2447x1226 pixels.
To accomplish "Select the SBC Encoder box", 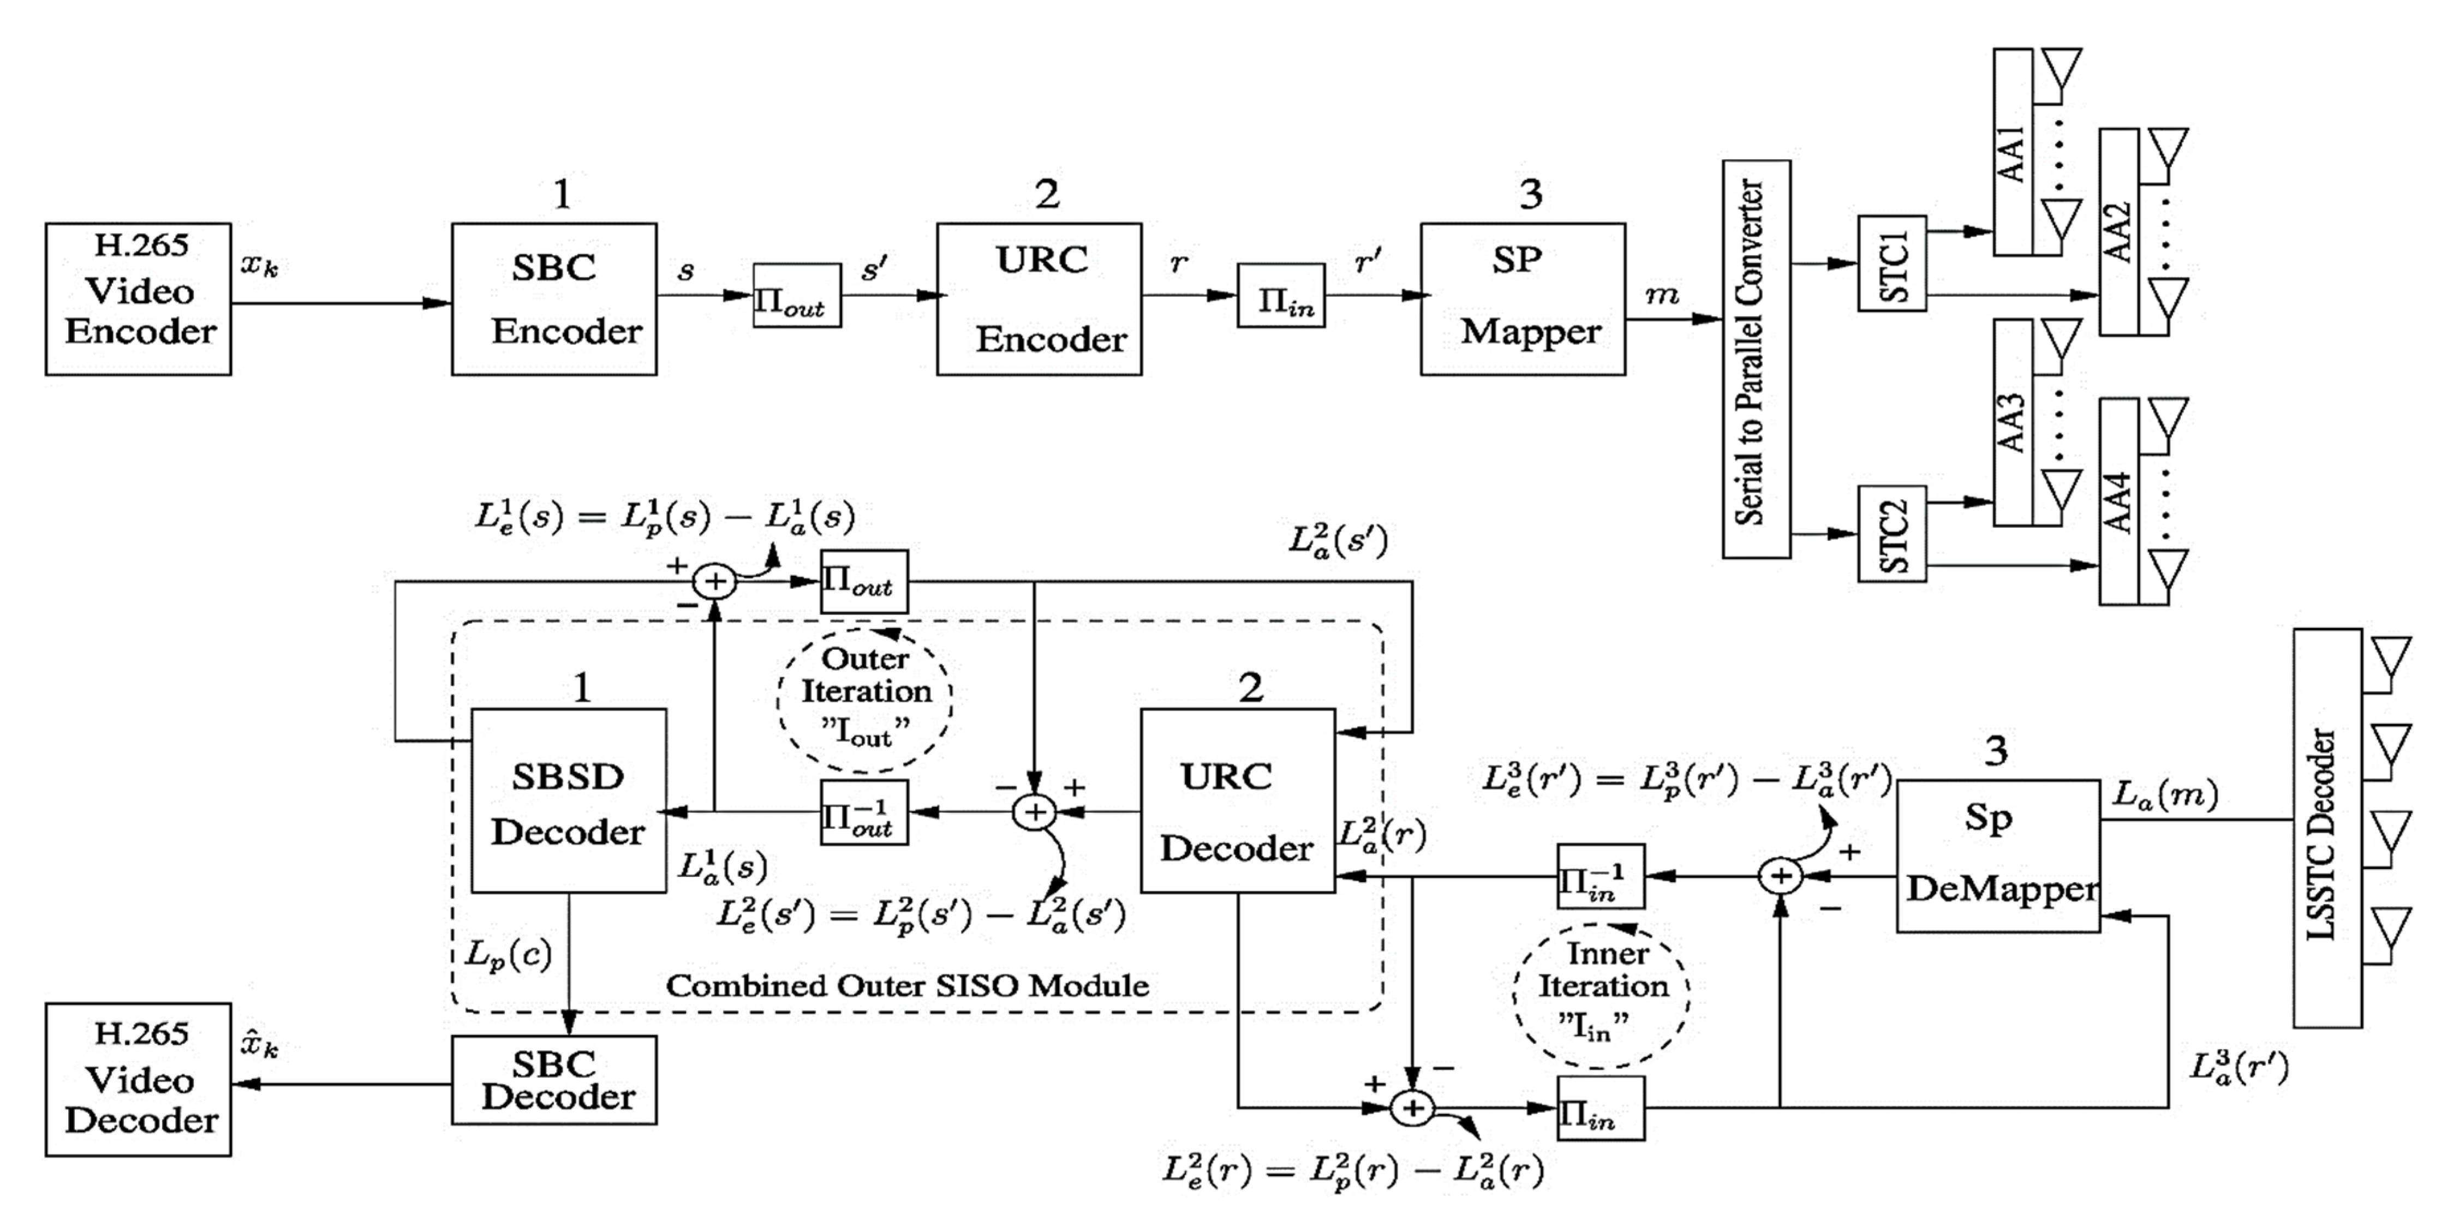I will point(554,299).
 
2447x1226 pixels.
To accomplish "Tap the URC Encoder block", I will point(1039,299).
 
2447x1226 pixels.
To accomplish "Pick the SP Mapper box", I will point(1522,299).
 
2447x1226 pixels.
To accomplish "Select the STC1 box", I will point(1891,263).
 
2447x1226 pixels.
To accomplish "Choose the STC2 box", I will point(1891,534).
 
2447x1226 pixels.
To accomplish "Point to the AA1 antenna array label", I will point(2012,152).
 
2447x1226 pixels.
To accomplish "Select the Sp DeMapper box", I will point(1998,856).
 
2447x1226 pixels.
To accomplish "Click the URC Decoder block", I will point(1237,800).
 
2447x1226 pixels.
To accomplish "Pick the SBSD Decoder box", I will point(568,800).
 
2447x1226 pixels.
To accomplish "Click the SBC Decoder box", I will point(554,1080).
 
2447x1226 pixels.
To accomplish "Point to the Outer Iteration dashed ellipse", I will point(864,699).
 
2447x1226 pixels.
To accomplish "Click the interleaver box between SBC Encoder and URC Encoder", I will point(796,295).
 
